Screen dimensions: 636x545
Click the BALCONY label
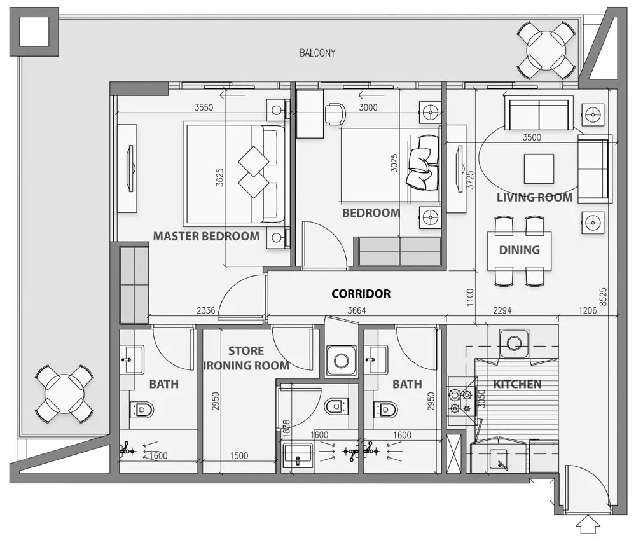point(317,53)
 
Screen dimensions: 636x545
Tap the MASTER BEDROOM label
point(206,236)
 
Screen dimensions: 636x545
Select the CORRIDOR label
point(361,294)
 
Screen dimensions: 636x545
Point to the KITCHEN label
point(517,383)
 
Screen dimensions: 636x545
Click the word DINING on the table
point(519,250)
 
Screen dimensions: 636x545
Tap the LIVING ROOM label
point(535,198)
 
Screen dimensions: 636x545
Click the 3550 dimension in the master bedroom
point(204,107)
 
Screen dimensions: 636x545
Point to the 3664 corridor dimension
point(357,310)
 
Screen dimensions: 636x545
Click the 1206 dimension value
point(587,310)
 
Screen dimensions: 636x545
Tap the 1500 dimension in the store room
point(239,455)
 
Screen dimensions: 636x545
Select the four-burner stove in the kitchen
point(461,401)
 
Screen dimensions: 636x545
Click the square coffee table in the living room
point(539,169)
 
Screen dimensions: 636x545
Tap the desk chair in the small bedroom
point(335,114)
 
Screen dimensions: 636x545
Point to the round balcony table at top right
point(546,50)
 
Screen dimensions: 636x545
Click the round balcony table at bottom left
point(64,394)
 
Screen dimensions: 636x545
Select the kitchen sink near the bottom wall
point(499,460)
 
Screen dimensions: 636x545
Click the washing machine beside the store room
point(342,360)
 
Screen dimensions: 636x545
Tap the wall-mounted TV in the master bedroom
point(130,169)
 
